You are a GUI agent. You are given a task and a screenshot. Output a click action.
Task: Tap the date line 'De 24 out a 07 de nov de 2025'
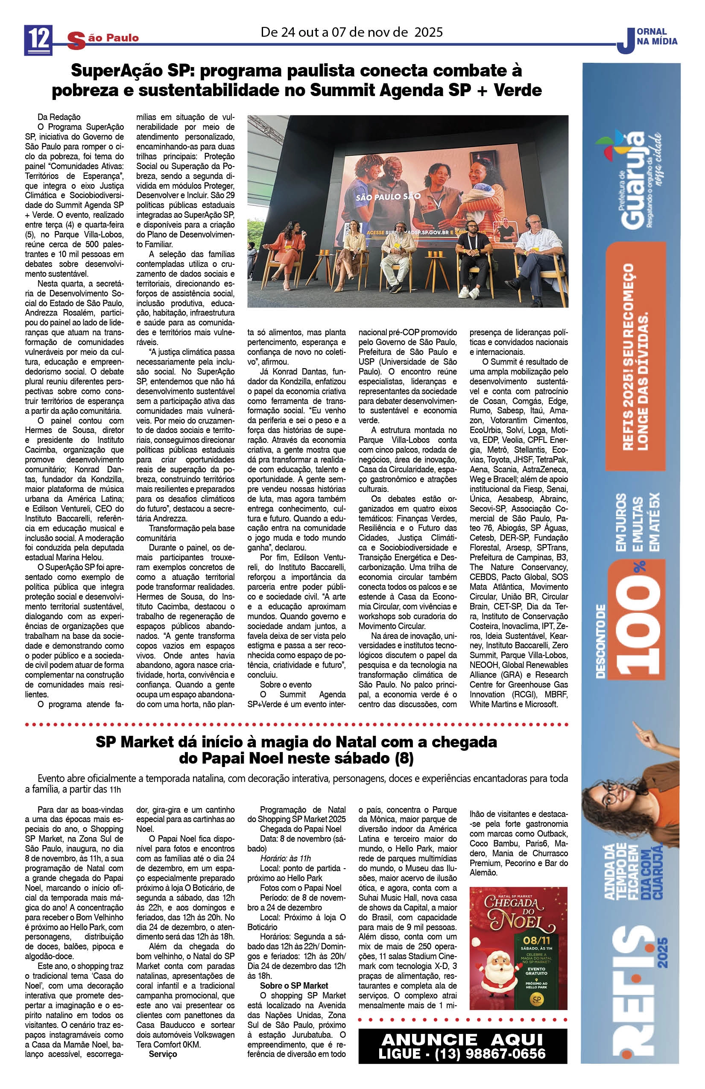351,32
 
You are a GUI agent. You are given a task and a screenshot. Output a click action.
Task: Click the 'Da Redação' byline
59,117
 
